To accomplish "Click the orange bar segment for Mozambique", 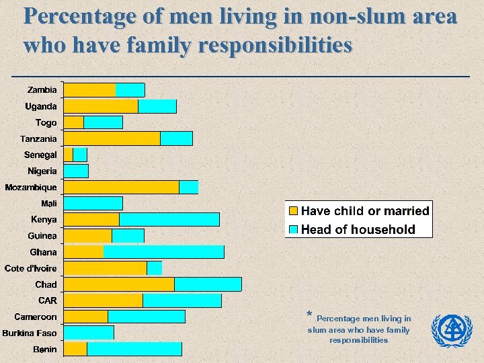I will coord(121,187).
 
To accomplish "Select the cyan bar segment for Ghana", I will coord(163,252).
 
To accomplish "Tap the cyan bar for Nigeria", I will coord(76,171).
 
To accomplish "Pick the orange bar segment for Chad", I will coord(119,284).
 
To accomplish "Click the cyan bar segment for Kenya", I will coord(169,220).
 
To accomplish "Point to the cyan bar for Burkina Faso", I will coord(89,333).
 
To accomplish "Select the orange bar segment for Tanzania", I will coord(112,138).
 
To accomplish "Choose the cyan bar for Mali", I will coord(93,203).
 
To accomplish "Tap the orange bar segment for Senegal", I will coord(69,155).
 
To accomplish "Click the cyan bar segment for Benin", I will coord(134,349).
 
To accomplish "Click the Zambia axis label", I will coord(42,90).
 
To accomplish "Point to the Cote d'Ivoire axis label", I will coord(31,268).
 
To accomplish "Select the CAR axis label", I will coord(48,300).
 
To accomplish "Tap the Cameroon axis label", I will coord(36,317).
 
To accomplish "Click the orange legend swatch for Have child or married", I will coord(293,211).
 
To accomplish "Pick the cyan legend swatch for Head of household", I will coord(293,230).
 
